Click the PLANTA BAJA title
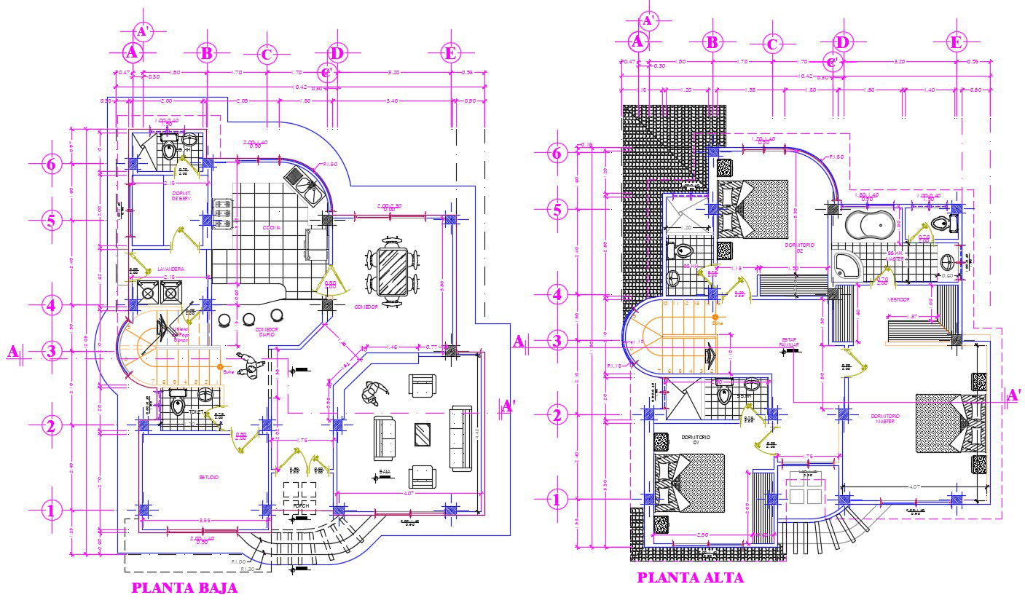click(x=184, y=588)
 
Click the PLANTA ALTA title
click(x=691, y=578)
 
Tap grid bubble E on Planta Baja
click(x=451, y=52)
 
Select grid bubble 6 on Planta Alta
click(x=557, y=154)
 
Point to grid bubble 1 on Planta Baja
click(x=50, y=511)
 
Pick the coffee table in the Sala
click(x=422, y=435)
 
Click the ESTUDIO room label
click(x=208, y=476)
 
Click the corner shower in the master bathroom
click(x=847, y=267)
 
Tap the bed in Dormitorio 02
click(x=753, y=210)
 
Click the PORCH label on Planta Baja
click(x=300, y=505)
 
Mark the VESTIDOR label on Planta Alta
click(x=897, y=299)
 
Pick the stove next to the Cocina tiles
click(x=221, y=212)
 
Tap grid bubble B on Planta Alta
click(x=710, y=42)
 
